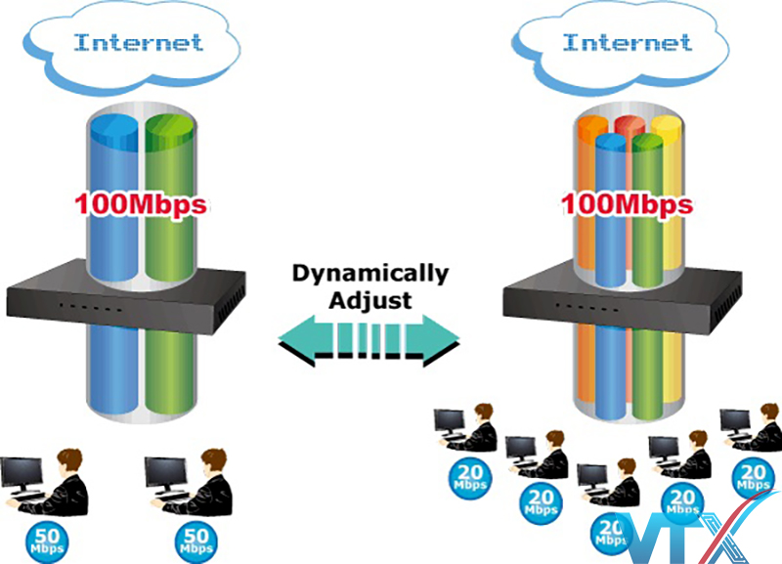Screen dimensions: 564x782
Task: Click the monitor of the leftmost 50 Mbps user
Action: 22,474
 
